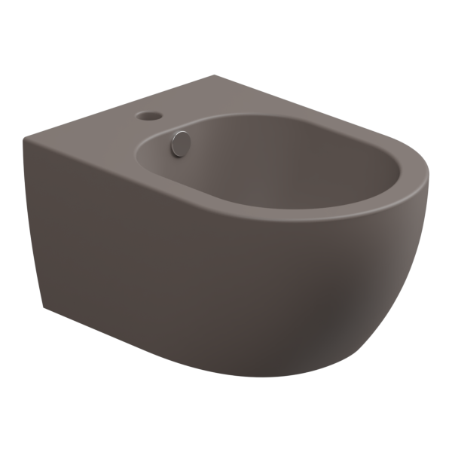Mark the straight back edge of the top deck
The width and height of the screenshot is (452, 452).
pyautogui.click(x=121, y=105)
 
